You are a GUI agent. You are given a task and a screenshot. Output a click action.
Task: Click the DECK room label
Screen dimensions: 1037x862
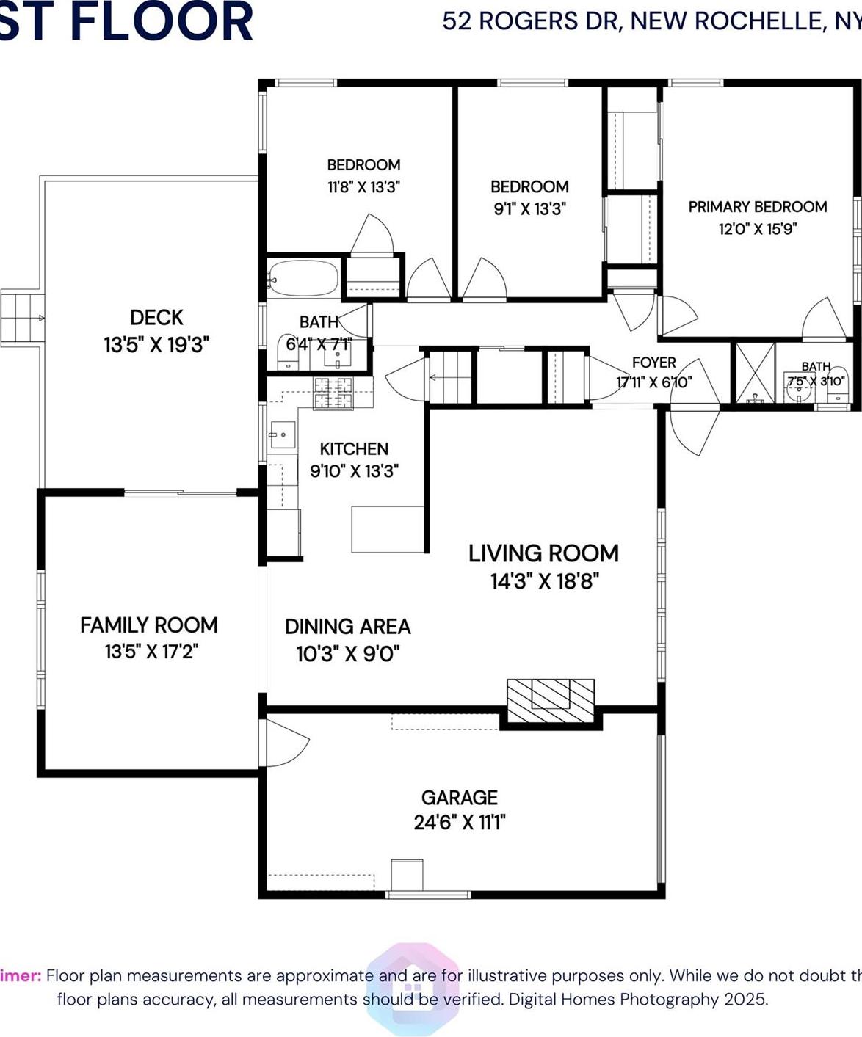click(156, 318)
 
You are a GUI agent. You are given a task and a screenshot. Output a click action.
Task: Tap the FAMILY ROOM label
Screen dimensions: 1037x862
click(149, 625)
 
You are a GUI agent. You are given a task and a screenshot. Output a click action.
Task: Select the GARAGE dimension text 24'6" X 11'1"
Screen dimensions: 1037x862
click(460, 822)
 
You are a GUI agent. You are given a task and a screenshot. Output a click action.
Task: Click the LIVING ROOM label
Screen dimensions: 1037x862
click(543, 553)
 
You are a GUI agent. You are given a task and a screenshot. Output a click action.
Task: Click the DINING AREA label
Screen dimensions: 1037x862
click(347, 627)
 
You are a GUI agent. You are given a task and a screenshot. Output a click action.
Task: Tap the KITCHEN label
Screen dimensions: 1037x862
click(354, 449)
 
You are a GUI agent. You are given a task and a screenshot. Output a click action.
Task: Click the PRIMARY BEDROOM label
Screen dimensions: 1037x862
click(757, 207)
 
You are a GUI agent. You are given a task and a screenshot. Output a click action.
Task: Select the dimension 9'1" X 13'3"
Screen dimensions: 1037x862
click(529, 209)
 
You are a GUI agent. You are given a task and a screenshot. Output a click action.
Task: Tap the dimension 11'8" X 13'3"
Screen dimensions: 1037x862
click(363, 187)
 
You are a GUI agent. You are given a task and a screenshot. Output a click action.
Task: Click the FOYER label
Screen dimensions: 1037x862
click(653, 363)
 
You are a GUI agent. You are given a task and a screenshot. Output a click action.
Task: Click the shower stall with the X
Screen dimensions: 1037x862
click(756, 372)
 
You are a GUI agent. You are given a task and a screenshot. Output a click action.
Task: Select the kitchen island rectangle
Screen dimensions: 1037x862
click(388, 528)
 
